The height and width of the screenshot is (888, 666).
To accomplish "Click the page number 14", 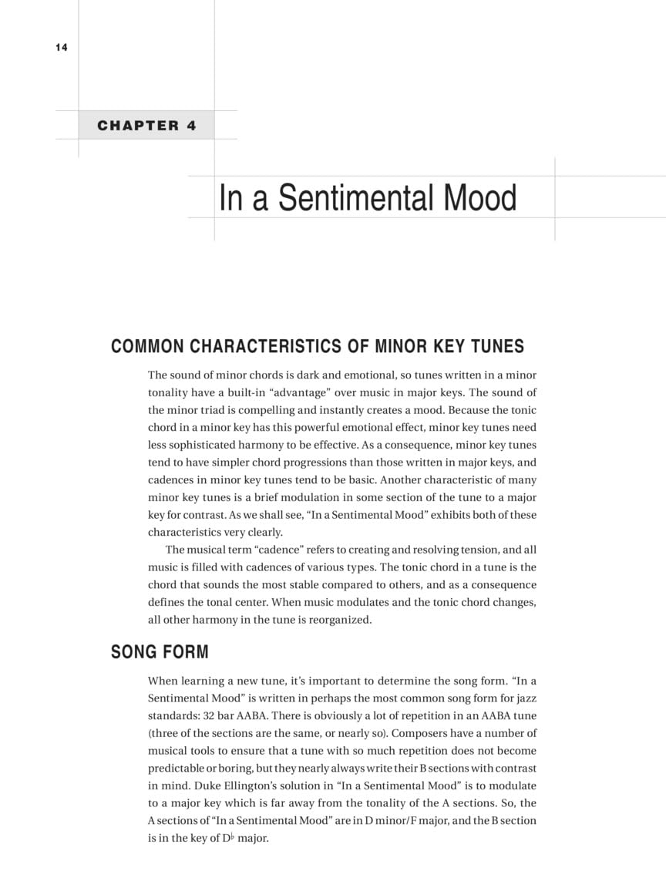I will click(62, 48).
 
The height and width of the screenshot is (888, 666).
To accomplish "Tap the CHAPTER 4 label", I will click(146, 126).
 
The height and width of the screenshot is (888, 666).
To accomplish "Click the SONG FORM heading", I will click(160, 652).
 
